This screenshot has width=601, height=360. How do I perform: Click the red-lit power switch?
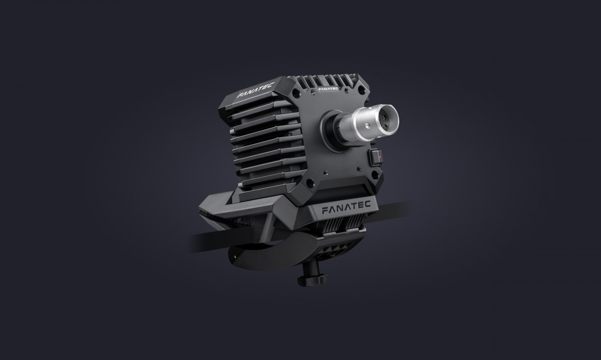(x=376, y=157)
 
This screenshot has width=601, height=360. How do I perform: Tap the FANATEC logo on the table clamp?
(x=347, y=207)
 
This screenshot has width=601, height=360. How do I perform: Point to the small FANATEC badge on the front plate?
(x=328, y=88)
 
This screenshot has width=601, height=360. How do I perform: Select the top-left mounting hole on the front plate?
(x=295, y=93)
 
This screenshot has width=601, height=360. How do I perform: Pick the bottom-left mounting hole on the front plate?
(x=310, y=184)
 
